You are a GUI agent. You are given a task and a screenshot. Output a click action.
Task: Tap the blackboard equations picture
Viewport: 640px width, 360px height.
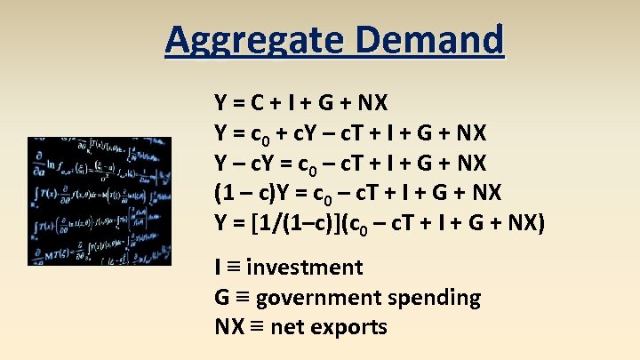pos(100,201)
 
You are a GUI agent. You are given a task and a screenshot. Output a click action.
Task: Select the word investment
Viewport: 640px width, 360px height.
pos(304,268)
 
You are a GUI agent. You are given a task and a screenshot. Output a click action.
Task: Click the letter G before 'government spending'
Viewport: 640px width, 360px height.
pos(222,298)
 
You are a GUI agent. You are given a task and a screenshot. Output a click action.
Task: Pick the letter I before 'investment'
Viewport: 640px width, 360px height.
pos(218,268)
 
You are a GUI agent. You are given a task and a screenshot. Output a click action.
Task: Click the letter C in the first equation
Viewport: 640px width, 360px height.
pos(257,103)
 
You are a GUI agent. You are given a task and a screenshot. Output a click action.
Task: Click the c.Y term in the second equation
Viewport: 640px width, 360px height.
pos(321,133)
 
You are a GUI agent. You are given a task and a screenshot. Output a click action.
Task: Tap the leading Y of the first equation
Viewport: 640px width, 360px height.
pos(220,103)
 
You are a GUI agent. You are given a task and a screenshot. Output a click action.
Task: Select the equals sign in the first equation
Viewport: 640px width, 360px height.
pos(238,103)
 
